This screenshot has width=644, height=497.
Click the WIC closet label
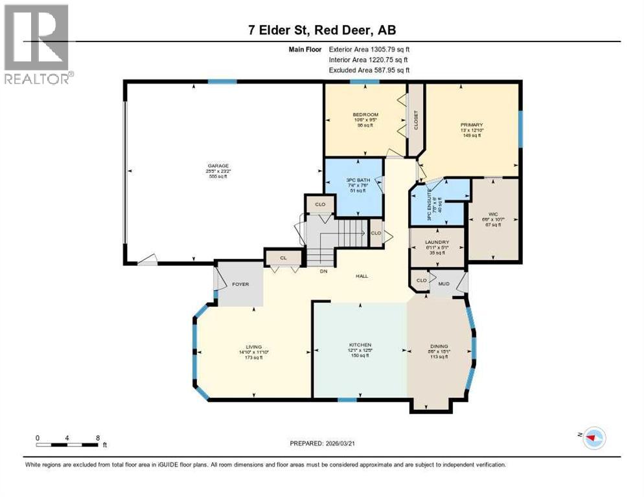click(492, 214)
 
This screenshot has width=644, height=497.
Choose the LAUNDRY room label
click(438, 242)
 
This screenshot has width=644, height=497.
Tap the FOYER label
click(241, 284)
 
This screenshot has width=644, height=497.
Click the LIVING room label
click(253, 346)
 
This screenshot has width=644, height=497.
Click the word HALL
click(362, 276)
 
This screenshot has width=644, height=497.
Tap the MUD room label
click(444, 283)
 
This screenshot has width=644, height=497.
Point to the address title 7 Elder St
click(322, 30)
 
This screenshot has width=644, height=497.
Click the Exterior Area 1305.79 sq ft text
click(369, 49)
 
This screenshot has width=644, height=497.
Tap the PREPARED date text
click(322, 443)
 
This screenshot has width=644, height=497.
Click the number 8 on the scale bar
click(98, 437)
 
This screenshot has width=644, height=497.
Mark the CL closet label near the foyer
click(283, 258)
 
